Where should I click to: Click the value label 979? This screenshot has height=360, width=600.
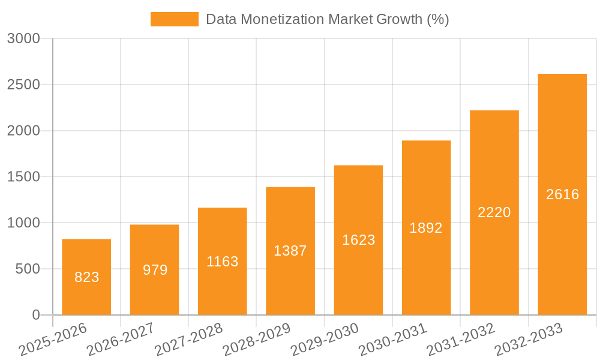pyautogui.click(x=155, y=270)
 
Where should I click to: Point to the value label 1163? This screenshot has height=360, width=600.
pyautogui.click(x=223, y=262)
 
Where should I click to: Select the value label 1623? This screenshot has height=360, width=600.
pyautogui.click(x=358, y=240)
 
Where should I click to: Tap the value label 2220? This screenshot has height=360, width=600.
pyautogui.click(x=494, y=212)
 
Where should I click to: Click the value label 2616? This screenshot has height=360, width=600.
pyautogui.click(x=562, y=194)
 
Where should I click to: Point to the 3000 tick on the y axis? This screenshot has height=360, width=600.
pyautogui.click(x=23, y=39)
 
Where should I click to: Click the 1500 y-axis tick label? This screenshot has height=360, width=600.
pyautogui.click(x=23, y=177)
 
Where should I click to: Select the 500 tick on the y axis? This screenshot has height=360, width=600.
pyautogui.click(x=28, y=269)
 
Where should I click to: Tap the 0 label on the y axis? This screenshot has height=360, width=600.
pyautogui.click(x=35, y=316)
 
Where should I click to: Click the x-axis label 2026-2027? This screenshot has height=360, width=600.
pyautogui.click(x=121, y=340)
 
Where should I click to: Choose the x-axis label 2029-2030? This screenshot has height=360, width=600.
pyautogui.click(x=325, y=340)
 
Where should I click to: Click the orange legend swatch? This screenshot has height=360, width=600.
pyautogui.click(x=174, y=19)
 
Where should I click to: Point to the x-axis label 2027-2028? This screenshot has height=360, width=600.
pyautogui.click(x=188, y=340)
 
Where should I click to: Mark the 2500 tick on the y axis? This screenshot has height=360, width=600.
pyautogui.click(x=23, y=85)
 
